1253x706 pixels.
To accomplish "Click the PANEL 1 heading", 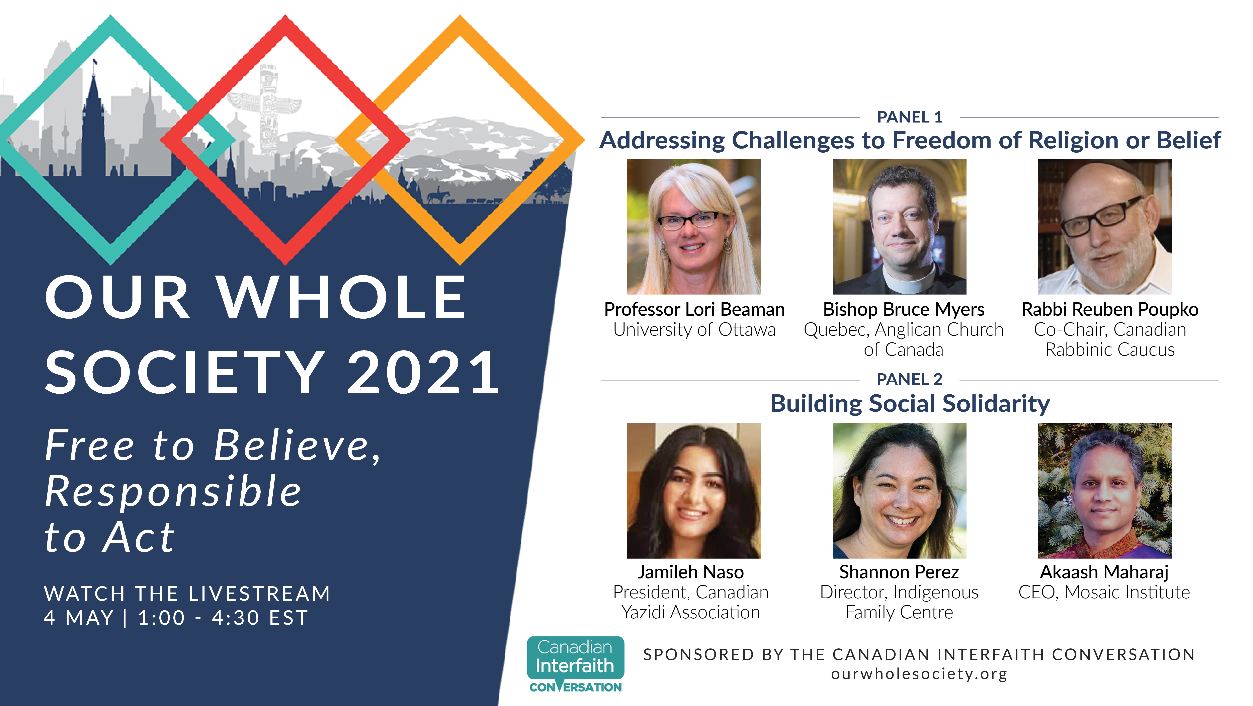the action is pyautogui.click(x=910, y=117).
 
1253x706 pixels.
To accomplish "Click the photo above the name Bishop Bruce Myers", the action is pyautogui.click(x=899, y=227).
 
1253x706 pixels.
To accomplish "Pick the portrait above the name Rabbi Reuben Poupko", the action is pyautogui.click(x=1105, y=227).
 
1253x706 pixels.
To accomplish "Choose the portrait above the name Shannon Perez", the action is pyautogui.click(x=899, y=490).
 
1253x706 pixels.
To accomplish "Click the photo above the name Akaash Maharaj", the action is pyautogui.click(x=1105, y=490).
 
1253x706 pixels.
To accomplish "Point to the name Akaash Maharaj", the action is pyautogui.click(x=1104, y=572).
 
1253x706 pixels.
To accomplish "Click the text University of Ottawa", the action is pyautogui.click(x=694, y=330).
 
